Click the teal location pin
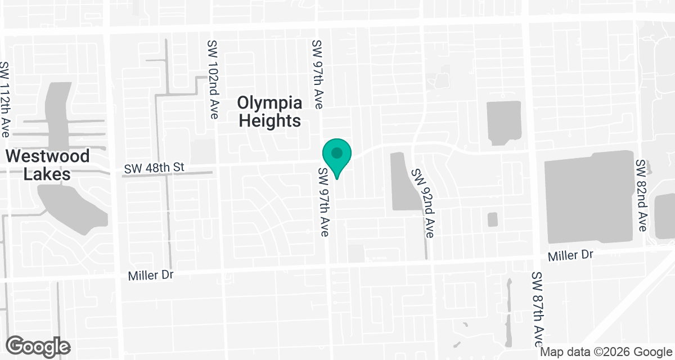(x=337, y=155)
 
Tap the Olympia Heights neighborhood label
(x=269, y=112)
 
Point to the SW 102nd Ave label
(x=213, y=79)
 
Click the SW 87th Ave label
(x=538, y=309)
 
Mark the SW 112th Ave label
(x=6, y=99)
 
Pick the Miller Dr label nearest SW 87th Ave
(x=571, y=255)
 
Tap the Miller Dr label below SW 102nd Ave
(x=151, y=276)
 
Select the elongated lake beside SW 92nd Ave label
(x=400, y=181)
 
